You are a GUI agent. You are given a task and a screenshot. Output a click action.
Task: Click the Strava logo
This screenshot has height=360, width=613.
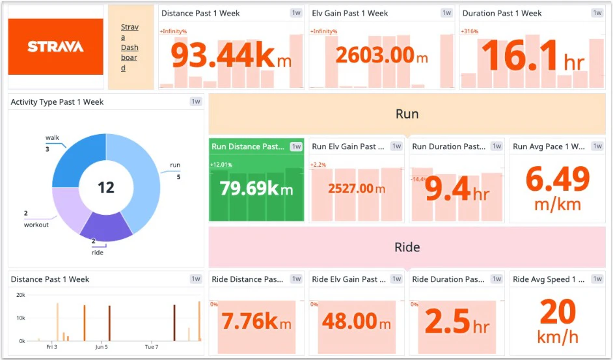(55, 46)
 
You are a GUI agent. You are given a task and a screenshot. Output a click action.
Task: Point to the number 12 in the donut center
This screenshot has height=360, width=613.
(105, 188)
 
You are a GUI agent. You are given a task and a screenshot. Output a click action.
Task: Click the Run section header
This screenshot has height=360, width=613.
(407, 114)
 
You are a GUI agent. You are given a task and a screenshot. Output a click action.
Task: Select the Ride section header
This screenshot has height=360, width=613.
(407, 247)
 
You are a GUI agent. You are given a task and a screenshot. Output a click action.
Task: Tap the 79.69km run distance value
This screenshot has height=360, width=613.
(256, 189)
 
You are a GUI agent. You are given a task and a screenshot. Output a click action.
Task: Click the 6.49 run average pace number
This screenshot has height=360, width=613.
(557, 180)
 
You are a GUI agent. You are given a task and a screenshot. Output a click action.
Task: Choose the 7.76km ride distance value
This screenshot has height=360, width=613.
(256, 322)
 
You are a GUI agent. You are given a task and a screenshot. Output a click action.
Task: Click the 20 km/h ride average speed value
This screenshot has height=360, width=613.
(557, 313)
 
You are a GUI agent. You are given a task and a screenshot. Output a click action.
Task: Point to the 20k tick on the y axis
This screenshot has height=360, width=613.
(21, 295)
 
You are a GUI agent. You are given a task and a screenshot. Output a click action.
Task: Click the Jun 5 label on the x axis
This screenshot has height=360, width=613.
(102, 347)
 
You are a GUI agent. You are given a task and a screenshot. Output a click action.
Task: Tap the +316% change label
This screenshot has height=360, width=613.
(470, 31)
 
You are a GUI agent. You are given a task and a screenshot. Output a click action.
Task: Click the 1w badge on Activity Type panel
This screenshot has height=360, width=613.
(196, 102)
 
